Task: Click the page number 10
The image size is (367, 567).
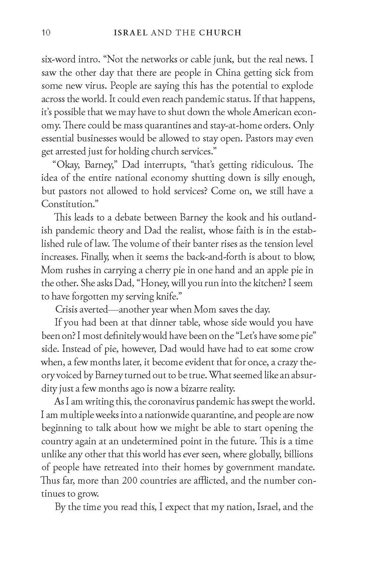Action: (46, 33)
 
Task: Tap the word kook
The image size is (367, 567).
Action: (235, 217)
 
